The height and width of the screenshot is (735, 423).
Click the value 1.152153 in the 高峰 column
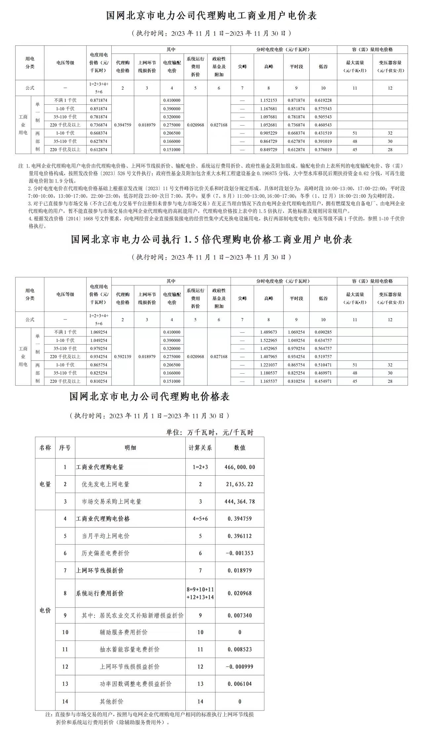tap(269, 100)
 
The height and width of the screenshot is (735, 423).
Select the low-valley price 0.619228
tap(323, 100)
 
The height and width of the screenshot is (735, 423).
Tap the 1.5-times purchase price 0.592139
tap(123, 357)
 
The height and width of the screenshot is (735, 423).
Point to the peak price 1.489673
tap(269, 332)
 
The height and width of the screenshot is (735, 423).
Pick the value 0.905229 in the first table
tap(269, 133)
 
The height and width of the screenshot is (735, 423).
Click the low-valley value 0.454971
tap(323, 381)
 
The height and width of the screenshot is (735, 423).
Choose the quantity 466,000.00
tap(240, 467)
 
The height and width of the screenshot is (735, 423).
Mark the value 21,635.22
tap(240, 484)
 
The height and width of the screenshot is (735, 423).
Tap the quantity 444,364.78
tap(240, 501)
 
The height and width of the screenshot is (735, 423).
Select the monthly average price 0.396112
tap(240, 536)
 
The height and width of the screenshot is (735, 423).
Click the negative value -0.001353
tap(240, 553)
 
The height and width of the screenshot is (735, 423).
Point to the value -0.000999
tap(240, 667)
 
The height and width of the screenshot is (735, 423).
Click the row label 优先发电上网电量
tap(105, 484)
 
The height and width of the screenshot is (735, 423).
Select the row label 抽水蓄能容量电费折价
tap(130, 649)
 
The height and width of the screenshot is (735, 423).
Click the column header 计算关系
tap(200, 448)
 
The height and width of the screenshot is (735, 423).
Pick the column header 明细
tap(130, 448)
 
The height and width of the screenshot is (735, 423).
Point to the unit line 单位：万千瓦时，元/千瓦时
tap(210, 432)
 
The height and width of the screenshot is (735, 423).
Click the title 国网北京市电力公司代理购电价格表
tap(149, 396)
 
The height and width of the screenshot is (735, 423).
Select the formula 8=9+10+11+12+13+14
tap(200, 593)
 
